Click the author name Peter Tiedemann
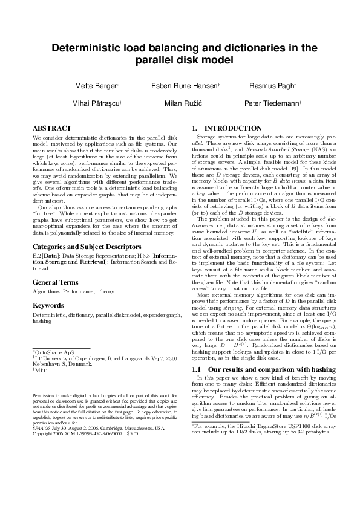(272, 103)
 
